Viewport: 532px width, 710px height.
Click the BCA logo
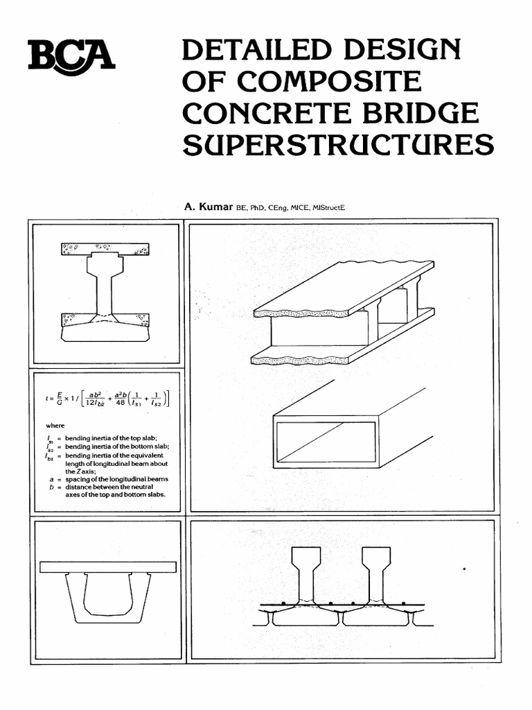(71, 55)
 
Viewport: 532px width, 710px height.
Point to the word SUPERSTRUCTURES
(337, 145)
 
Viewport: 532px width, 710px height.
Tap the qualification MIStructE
(331, 207)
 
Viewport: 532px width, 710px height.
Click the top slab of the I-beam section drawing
(105, 249)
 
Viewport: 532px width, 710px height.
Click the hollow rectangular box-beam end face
(326, 442)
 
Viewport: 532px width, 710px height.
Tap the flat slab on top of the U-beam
(107, 566)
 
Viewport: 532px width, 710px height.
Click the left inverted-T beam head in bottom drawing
(305, 557)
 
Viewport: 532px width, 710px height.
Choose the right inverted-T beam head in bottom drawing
(377, 557)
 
